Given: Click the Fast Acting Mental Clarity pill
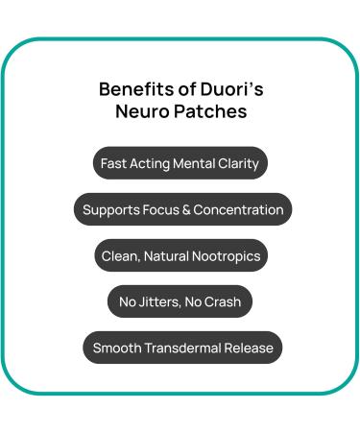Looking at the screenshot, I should pos(180,163).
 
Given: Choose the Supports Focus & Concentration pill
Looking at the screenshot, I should pos(182,209).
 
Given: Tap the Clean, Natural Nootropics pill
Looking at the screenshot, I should pos(180,255).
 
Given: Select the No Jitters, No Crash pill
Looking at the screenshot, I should pos(180,301).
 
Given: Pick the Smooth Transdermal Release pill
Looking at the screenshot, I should pos(182,348).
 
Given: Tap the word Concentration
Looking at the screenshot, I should pos(238,209).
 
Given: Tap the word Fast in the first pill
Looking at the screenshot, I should pos(114,163).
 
